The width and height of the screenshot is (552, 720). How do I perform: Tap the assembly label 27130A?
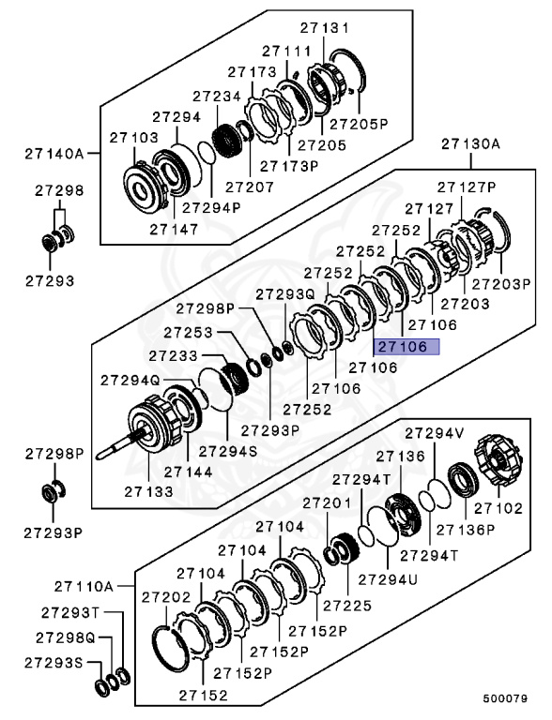470,143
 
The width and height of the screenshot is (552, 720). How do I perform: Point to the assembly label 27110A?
83,586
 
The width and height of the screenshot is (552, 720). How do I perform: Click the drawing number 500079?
506,698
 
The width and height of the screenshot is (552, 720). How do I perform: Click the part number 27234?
218,96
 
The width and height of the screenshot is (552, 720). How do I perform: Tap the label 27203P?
501,283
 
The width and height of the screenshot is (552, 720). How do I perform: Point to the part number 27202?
166,596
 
